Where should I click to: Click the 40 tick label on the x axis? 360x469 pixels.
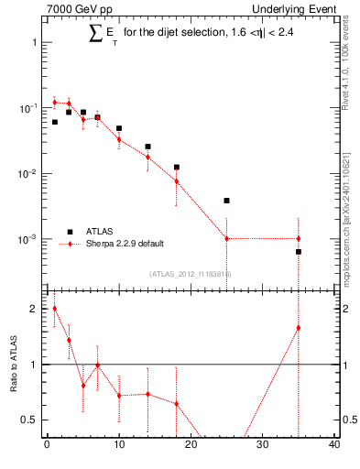click(334, 446)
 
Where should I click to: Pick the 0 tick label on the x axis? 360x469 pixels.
click(47, 446)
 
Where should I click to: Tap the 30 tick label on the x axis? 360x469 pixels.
click(262, 446)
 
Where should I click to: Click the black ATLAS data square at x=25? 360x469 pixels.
click(226, 200)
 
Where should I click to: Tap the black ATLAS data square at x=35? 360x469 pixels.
click(299, 251)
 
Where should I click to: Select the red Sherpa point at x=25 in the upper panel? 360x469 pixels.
click(226, 238)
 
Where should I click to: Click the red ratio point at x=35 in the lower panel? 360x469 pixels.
click(299, 328)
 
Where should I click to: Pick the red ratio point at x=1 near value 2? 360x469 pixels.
click(54, 309)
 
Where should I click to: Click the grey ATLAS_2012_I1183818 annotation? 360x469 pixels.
click(191, 274)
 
